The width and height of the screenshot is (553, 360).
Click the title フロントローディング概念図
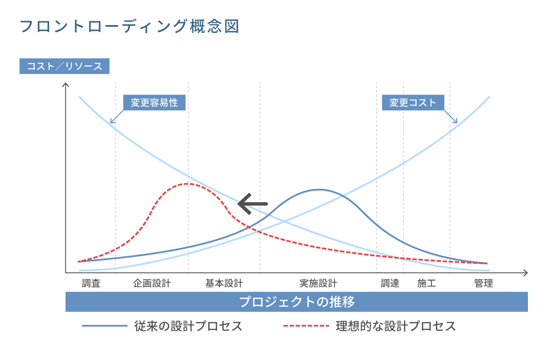(x=130, y=27)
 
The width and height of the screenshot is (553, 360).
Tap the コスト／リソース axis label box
(x=64, y=66)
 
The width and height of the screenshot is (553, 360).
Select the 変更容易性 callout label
(x=154, y=103)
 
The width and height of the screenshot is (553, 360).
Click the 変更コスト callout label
(x=413, y=103)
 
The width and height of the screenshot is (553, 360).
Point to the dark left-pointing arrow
(x=253, y=204)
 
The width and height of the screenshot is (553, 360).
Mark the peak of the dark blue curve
(x=319, y=190)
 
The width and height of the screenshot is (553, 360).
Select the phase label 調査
(x=91, y=284)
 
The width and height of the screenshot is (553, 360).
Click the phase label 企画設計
(x=152, y=284)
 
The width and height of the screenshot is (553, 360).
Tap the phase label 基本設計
(x=224, y=284)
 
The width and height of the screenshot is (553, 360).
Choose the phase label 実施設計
(x=318, y=284)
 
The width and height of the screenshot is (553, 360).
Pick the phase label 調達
(x=390, y=284)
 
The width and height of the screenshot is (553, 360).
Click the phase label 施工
(x=426, y=284)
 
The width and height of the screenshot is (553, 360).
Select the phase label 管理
(x=483, y=284)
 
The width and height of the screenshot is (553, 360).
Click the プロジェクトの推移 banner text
(x=297, y=302)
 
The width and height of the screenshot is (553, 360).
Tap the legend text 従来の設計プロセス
(x=188, y=326)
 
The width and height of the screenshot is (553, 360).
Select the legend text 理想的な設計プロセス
(x=396, y=326)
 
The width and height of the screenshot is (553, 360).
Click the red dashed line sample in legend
(x=306, y=326)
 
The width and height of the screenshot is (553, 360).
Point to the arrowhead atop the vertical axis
(x=66, y=84)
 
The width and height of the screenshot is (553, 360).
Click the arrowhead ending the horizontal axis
(x=525, y=273)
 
